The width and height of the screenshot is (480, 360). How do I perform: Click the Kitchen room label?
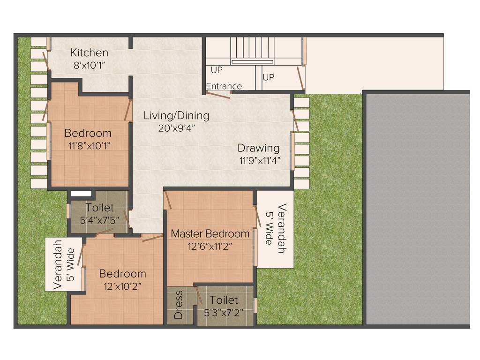click(x=89, y=52)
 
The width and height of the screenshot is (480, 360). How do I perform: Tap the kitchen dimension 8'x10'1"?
click(x=89, y=65)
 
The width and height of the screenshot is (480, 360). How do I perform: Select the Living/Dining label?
click(x=176, y=115)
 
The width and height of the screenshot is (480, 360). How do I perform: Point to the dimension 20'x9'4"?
click(x=176, y=127)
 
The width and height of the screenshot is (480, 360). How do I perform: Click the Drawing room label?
click(x=258, y=148)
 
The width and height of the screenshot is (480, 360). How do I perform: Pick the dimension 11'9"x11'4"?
click(x=259, y=161)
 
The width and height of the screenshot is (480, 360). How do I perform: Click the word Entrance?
click(x=224, y=86)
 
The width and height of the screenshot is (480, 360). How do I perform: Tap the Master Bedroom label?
click(x=210, y=233)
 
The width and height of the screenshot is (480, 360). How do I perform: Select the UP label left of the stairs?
click(x=217, y=70)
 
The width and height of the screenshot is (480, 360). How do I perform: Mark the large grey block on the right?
click(x=417, y=209)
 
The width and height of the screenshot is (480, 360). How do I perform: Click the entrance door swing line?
click(x=218, y=94)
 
